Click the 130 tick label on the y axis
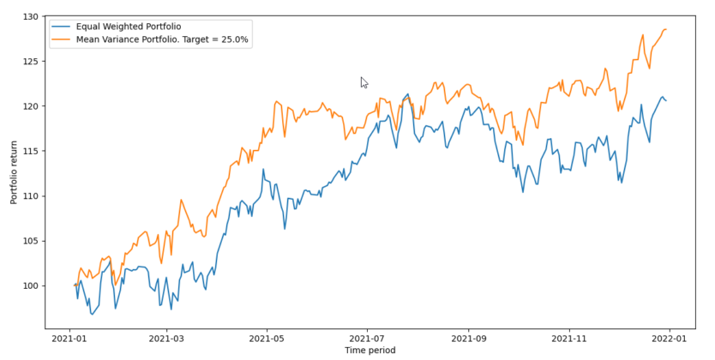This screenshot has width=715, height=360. tap(30, 17)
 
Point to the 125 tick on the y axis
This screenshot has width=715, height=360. tap(30, 62)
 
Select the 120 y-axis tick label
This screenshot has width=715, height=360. tap(30, 106)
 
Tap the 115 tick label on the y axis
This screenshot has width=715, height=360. tap(30, 151)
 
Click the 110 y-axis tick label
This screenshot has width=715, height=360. tap(30, 195)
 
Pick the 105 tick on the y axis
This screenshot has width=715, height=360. tap(30, 241)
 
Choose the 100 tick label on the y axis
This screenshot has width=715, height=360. tap(30, 285)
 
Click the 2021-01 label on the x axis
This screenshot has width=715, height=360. tap(69, 339)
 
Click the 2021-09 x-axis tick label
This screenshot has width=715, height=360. tap(469, 339)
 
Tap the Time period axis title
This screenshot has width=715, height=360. tap(370, 351)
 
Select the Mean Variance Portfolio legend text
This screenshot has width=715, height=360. tap(151, 39)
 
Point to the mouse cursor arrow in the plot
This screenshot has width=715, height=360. tap(364, 82)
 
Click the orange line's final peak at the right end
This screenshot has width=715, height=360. tap(665, 29)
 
